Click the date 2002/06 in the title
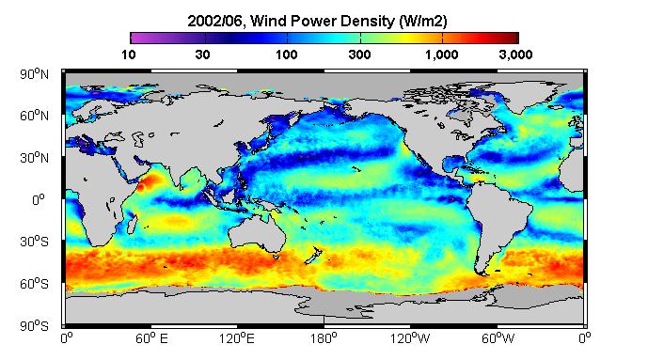pos(214,21)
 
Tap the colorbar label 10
pos(129,55)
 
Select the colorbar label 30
pos(202,55)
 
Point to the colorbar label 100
pos(287,55)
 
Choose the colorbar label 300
pos(359,55)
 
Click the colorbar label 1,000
pos(441,55)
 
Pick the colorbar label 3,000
pos(515,55)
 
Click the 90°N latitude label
pos(34,74)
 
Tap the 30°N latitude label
pos(34,158)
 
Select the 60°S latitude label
pos(34,284)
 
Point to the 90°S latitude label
pos(34,326)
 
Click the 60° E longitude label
pos(151,338)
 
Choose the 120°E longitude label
pos(236,338)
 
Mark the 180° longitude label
pos(324,338)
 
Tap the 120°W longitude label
pos(410,338)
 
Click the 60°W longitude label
pos(498,338)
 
